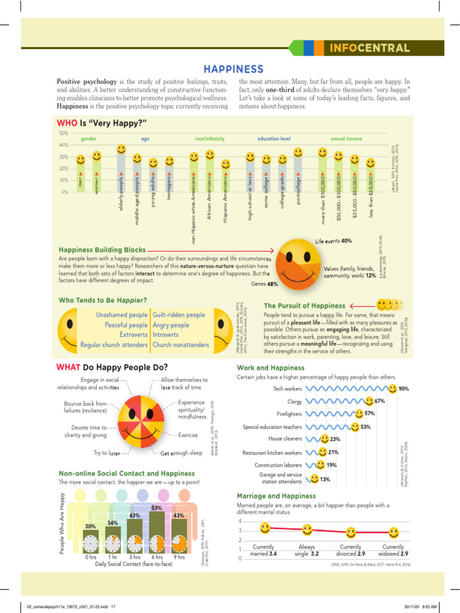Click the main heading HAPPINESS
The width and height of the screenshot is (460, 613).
[234, 69]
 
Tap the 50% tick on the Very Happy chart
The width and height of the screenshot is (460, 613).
[63, 133]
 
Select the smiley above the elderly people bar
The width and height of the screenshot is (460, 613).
[121, 148]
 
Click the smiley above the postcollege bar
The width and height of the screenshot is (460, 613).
[299, 153]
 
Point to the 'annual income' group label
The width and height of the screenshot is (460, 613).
[346, 139]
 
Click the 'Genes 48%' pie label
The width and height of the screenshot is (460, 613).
[264, 284]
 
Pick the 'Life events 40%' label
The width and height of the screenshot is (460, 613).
[334, 241]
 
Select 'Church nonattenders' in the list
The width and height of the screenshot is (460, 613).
[180, 345]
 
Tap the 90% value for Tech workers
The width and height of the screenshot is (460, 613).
[404, 389]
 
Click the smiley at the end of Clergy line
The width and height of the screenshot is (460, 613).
[370, 401]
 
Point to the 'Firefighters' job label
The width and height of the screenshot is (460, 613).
[285, 414]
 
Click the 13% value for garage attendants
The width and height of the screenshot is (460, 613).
[325, 479]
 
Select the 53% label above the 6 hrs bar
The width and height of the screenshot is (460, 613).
[157, 508]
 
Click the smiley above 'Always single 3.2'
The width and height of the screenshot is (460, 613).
[307, 529]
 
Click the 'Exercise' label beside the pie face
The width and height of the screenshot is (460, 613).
[188, 435]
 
